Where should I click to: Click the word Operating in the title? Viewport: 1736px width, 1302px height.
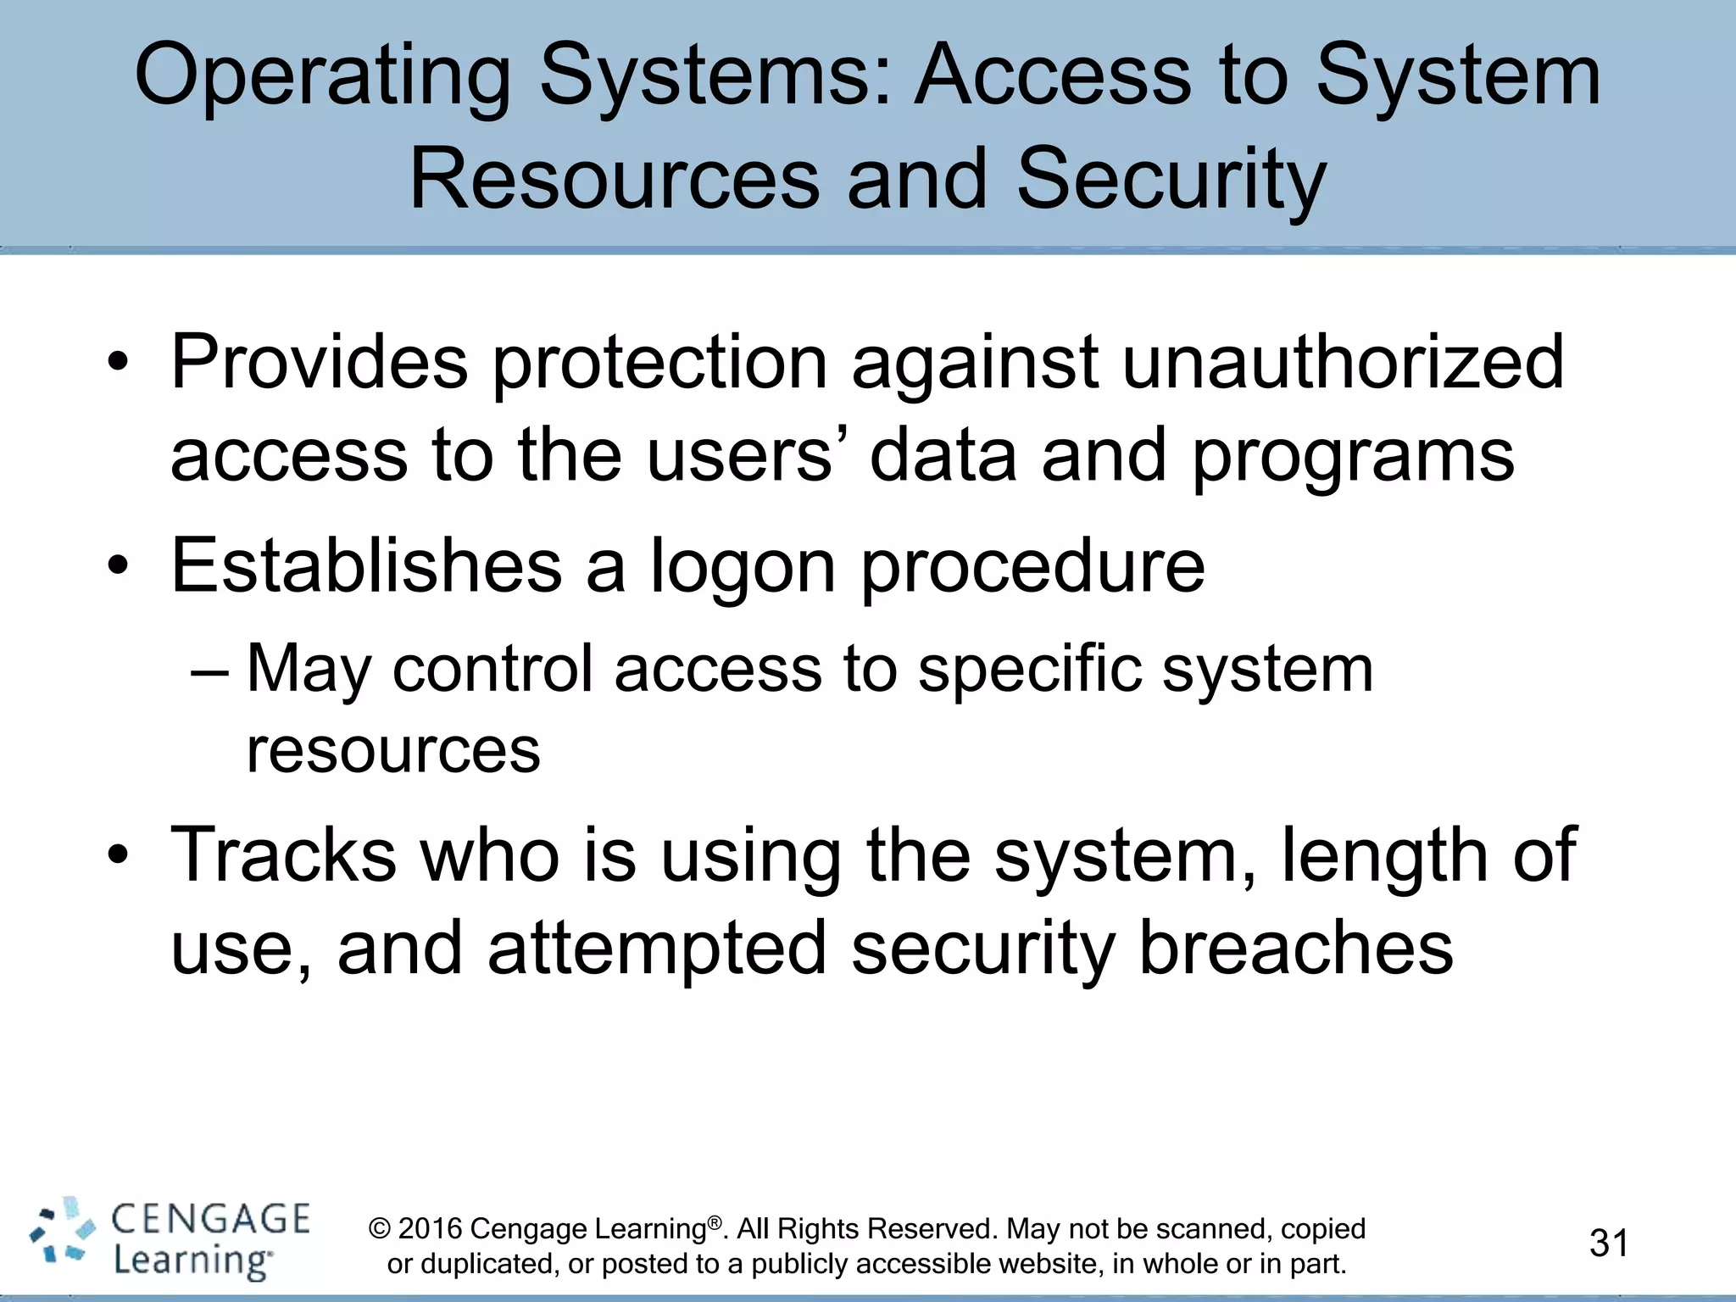click(x=322, y=78)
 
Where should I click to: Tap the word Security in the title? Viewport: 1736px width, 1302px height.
click(x=1171, y=180)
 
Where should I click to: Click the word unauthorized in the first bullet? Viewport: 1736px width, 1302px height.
click(x=1343, y=363)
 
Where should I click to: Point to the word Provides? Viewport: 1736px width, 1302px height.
click(x=319, y=363)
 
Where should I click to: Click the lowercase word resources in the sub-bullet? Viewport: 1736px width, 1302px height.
click(x=392, y=751)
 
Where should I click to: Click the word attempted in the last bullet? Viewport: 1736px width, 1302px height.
click(x=657, y=949)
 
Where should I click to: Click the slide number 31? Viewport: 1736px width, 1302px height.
click(x=1608, y=1244)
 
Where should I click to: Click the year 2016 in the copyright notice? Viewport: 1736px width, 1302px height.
click(x=429, y=1229)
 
